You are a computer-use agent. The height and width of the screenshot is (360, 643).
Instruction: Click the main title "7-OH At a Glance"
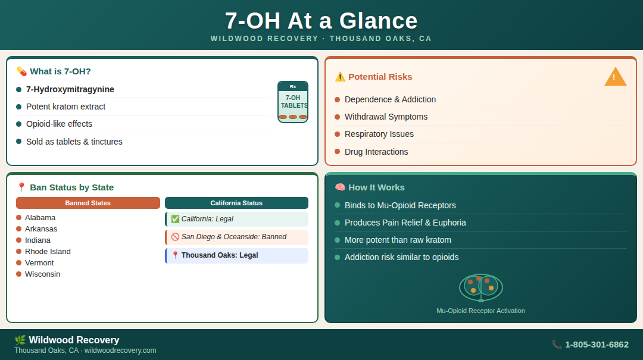(x=321, y=21)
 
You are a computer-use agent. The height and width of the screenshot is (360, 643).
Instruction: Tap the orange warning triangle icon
(x=615, y=77)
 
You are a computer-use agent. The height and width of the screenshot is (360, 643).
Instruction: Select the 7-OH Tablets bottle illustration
(x=293, y=102)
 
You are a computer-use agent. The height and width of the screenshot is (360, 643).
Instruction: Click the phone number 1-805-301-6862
(x=596, y=345)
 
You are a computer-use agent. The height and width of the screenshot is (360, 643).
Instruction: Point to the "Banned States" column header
(x=88, y=203)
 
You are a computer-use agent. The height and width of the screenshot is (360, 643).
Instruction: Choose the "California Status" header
(x=236, y=203)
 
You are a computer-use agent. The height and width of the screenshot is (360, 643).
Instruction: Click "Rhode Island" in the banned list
(x=48, y=252)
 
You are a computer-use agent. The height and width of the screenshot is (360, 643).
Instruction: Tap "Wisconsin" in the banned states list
(x=42, y=274)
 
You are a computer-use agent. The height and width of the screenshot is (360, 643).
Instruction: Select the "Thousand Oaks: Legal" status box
(x=236, y=256)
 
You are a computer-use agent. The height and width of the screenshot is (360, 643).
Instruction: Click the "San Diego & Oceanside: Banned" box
(x=236, y=237)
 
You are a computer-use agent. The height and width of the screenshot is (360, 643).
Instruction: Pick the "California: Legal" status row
(x=236, y=220)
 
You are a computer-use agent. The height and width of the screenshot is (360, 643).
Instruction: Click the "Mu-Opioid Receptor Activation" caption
(x=480, y=311)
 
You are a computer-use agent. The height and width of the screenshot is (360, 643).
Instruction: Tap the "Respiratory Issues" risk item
(x=379, y=134)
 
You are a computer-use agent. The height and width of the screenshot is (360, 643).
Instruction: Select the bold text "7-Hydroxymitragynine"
(x=70, y=89)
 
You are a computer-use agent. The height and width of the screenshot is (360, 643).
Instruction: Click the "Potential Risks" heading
(x=380, y=77)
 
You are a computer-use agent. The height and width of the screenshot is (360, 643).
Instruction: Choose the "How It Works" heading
(x=376, y=187)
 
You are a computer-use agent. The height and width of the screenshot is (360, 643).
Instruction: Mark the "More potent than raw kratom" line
(x=398, y=240)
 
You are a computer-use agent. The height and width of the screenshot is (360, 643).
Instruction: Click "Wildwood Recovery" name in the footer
(x=74, y=340)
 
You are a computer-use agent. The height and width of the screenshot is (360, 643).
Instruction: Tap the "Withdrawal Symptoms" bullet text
(x=386, y=117)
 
